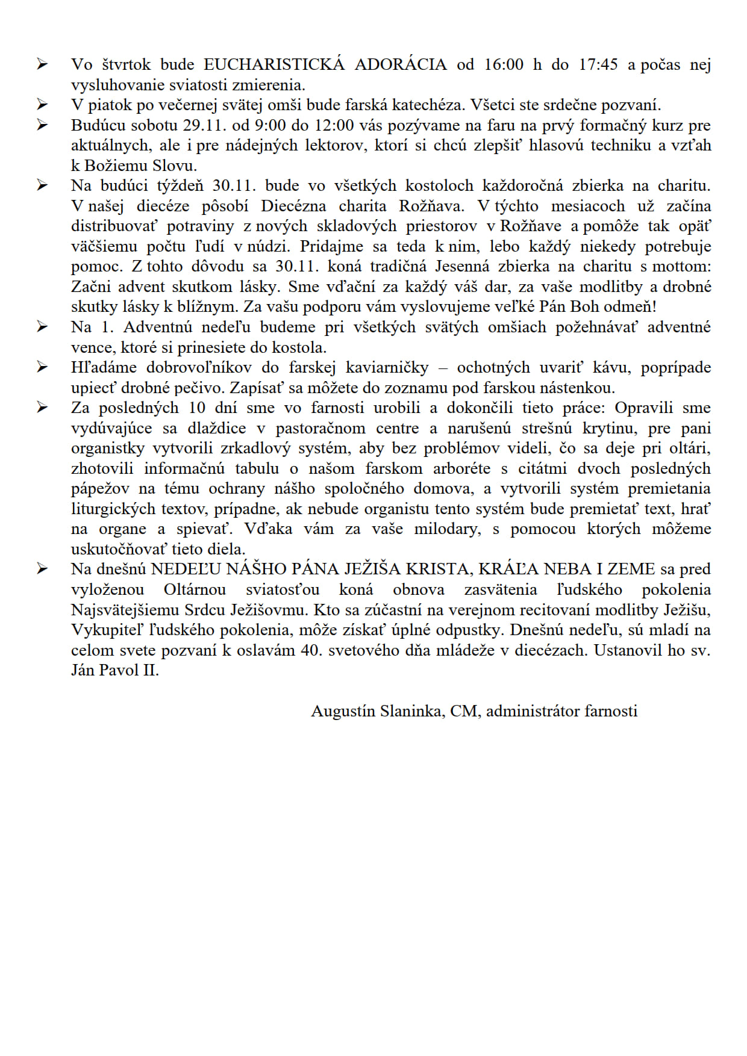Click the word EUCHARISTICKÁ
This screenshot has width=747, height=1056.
point(274,64)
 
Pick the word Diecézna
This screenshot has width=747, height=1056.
point(293,206)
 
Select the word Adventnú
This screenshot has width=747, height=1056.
point(158,327)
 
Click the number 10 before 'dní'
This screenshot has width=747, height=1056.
point(197,408)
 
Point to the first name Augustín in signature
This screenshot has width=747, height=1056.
point(343,711)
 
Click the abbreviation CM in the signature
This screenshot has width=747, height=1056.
point(464,711)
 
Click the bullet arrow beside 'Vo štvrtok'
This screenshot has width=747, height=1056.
point(42,64)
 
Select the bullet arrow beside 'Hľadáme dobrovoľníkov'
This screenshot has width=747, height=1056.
point(42,367)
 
